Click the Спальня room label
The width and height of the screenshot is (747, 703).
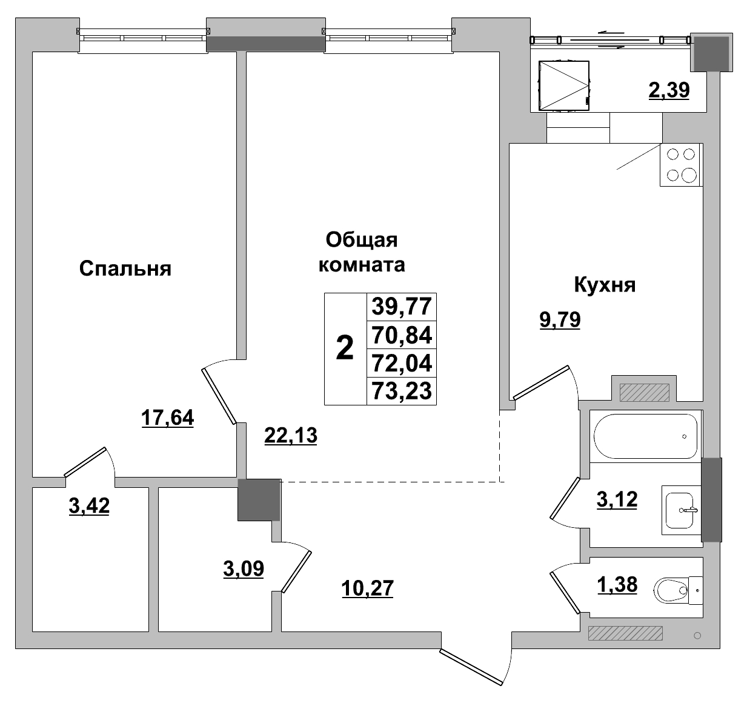click(x=125, y=268)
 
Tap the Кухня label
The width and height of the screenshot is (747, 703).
click(x=604, y=285)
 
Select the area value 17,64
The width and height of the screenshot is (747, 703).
click(x=167, y=418)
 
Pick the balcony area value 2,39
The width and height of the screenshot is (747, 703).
click(x=669, y=90)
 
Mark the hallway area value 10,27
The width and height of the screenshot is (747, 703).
click(x=367, y=588)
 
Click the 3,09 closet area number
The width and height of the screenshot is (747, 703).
click(x=244, y=570)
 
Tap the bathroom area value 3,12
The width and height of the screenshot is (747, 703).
click(x=617, y=500)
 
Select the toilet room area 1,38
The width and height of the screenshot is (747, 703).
click(x=617, y=585)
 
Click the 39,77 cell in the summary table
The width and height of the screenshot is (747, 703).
click(x=402, y=307)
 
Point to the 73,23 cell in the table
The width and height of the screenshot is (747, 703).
click(x=402, y=391)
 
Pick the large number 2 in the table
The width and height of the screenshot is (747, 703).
click(x=345, y=348)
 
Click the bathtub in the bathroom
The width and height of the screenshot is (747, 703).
click(x=645, y=436)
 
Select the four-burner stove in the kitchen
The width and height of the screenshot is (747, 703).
click(x=681, y=165)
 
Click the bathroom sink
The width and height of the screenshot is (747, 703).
click(x=680, y=510)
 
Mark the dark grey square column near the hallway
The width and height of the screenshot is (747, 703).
click(x=259, y=499)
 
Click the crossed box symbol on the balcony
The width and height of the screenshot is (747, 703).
click(x=564, y=85)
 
